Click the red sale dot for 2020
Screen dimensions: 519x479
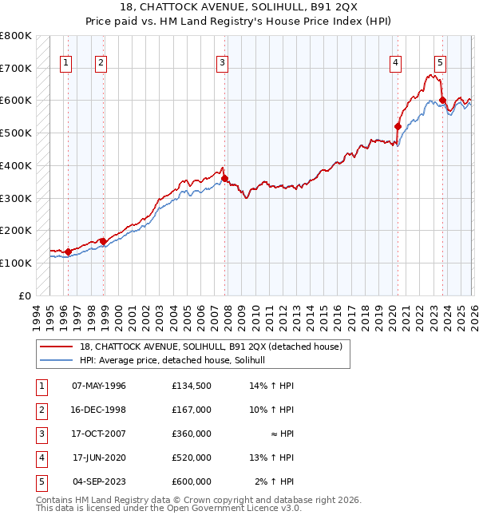(397, 126)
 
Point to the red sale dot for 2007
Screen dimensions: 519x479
(225, 178)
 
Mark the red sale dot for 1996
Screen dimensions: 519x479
(68, 252)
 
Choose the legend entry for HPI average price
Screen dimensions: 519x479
(177, 360)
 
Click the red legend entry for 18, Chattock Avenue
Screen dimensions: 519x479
(211, 347)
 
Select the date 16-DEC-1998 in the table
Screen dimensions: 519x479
(99, 410)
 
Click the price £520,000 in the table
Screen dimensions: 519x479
(192, 458)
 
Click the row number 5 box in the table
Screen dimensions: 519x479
(40, 481)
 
